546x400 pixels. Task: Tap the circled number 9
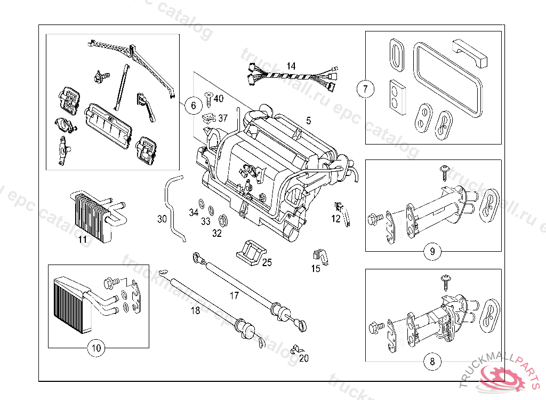432,251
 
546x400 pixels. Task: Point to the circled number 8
432,362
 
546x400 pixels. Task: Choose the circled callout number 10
96,349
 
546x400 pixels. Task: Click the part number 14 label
291,67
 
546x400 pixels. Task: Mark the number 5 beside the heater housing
308,121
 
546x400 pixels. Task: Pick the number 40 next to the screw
219,99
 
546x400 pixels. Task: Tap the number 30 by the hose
162,219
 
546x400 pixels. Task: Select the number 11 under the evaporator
83,239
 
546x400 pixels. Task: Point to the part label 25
267,262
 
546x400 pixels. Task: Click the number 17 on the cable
234,295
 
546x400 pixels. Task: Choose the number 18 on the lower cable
195,309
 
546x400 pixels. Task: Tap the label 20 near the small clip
303,358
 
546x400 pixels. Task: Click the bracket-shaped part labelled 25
249,251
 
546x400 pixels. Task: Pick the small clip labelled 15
320,255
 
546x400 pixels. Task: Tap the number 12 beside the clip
335,219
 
